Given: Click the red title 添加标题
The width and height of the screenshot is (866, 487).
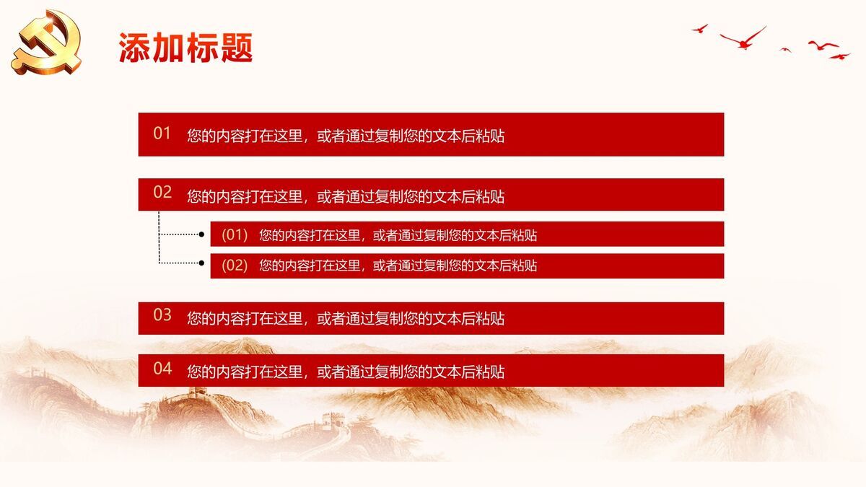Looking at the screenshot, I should (185, 48).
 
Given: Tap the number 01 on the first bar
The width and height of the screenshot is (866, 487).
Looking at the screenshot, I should (162, 133).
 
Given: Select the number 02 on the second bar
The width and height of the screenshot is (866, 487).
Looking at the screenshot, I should (162, 193).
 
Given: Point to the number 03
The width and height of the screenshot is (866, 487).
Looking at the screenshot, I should (162, 315).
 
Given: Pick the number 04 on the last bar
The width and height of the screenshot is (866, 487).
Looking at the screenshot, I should (162, 369).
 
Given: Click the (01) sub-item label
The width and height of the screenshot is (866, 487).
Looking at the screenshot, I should (235, 234).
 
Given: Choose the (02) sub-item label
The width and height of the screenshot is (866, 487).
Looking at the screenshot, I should (235, 266).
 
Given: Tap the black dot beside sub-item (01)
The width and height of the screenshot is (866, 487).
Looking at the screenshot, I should (201, 234).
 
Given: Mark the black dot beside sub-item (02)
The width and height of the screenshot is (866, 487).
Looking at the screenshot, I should (201, 263).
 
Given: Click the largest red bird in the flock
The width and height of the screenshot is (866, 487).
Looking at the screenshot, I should (743, 38).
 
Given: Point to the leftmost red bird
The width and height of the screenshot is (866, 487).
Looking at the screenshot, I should (699, 29).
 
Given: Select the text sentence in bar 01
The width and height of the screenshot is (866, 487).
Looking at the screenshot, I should (346, 136).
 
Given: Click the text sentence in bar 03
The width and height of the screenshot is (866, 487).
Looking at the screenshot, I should (346, 318).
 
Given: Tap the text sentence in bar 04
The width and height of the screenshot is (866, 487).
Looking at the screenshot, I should (346, 372).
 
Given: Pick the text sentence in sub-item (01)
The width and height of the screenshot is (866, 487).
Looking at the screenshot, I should (398, 234).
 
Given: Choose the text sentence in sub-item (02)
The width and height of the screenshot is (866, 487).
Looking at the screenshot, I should (398, 266).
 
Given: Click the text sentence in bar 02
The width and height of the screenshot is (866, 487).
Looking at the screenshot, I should (346, 196).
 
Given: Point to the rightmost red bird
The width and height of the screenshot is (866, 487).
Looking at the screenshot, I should (839, 56).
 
